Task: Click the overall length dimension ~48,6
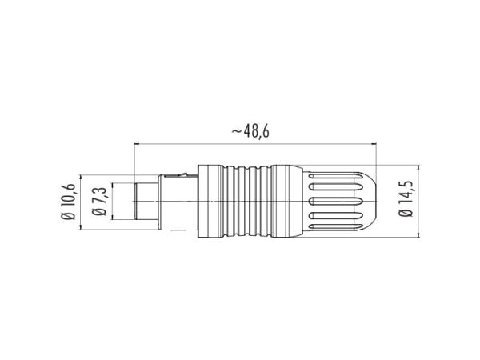pos(250,131)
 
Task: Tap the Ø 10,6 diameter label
pos(68,202)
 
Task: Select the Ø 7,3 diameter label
pos(98,202)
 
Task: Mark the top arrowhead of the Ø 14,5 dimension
pos(418,168)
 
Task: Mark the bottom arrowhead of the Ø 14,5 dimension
pos(418,234)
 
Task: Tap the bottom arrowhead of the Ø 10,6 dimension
pos(81,226)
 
